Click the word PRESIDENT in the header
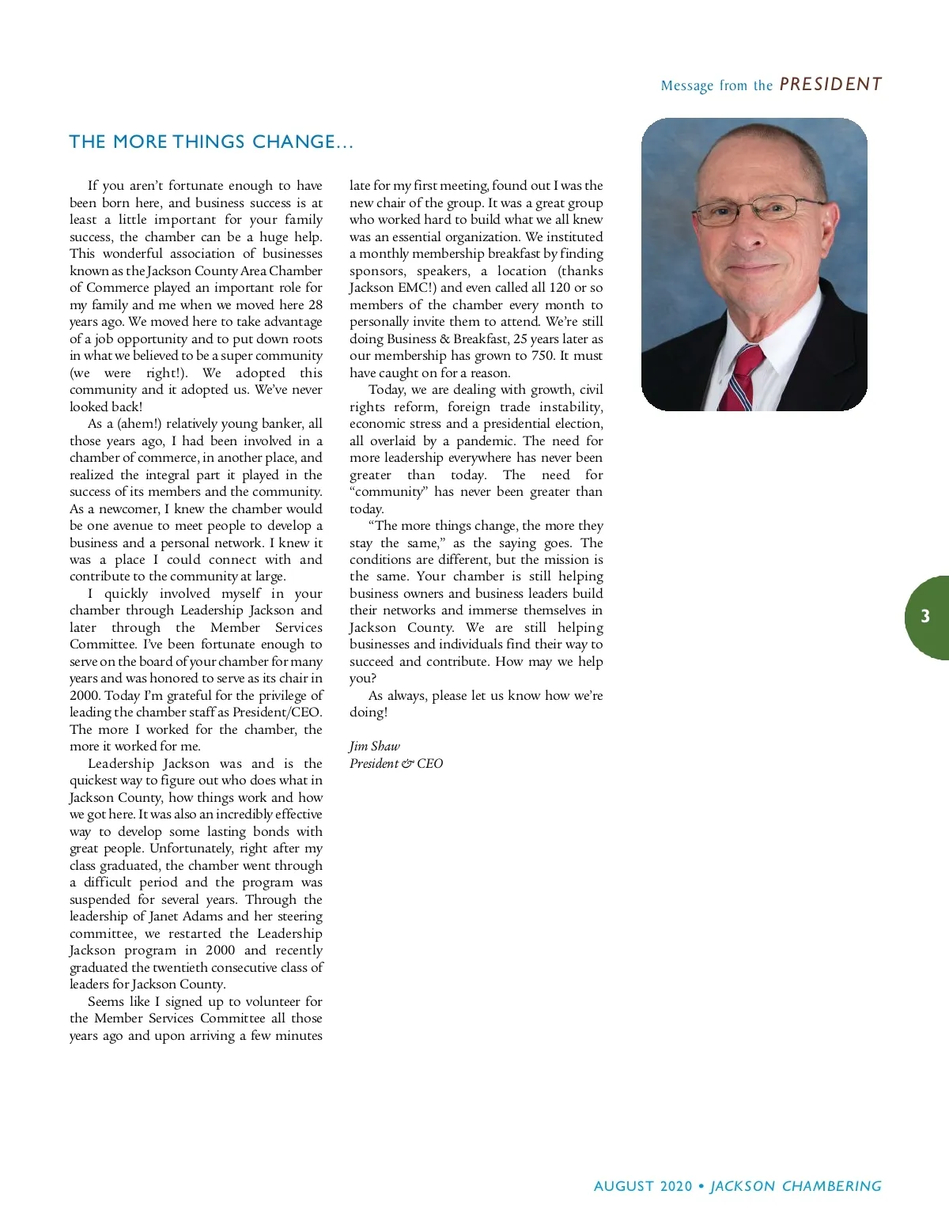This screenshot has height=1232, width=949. [x=830, y=84]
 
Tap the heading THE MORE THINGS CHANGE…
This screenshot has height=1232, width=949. [x=211, y=142]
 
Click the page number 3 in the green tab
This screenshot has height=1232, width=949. [x=925, y=617]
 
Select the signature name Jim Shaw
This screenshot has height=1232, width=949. [x=375, y=746]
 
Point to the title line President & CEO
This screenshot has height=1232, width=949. [x=396, y=763]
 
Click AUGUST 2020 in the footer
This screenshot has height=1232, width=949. [x=642, y=1186]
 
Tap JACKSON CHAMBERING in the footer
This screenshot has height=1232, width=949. [x=796, y=1186]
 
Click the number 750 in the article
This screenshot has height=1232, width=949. [x=543, y=356]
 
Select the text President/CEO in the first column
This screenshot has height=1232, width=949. [x=277, y=712]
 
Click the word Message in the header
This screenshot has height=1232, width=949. [x=686, y=85]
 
